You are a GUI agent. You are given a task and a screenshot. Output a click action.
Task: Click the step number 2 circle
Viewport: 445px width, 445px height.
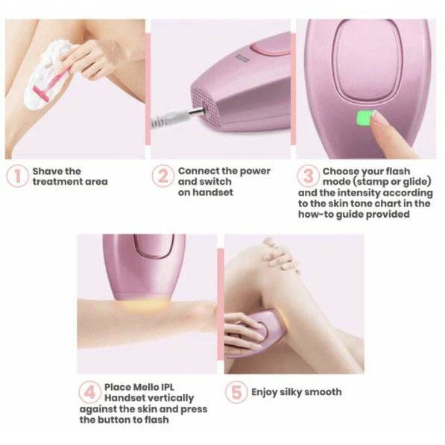click(162, 177)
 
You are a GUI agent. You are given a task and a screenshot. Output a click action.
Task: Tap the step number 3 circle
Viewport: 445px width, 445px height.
click(308, 177)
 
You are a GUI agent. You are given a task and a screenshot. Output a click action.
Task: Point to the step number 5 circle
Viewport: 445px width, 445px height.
click(236, 392)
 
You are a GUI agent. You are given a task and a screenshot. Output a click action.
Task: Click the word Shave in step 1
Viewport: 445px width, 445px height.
click(46, 171)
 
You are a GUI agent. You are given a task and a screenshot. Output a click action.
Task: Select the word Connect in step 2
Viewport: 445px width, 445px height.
click(198, 171)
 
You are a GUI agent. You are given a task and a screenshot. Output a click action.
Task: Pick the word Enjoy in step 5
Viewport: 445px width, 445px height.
click(265, 392)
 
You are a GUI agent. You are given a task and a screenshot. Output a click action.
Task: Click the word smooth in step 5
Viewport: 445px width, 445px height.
click(322, 392)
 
